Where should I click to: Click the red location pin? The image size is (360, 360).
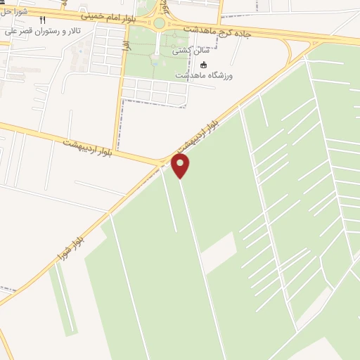coord(180,166)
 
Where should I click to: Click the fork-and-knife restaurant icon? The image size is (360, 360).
coord(42,20)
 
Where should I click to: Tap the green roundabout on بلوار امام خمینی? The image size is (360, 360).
coord(160,23)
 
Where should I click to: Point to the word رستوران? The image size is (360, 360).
coord(49,32)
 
